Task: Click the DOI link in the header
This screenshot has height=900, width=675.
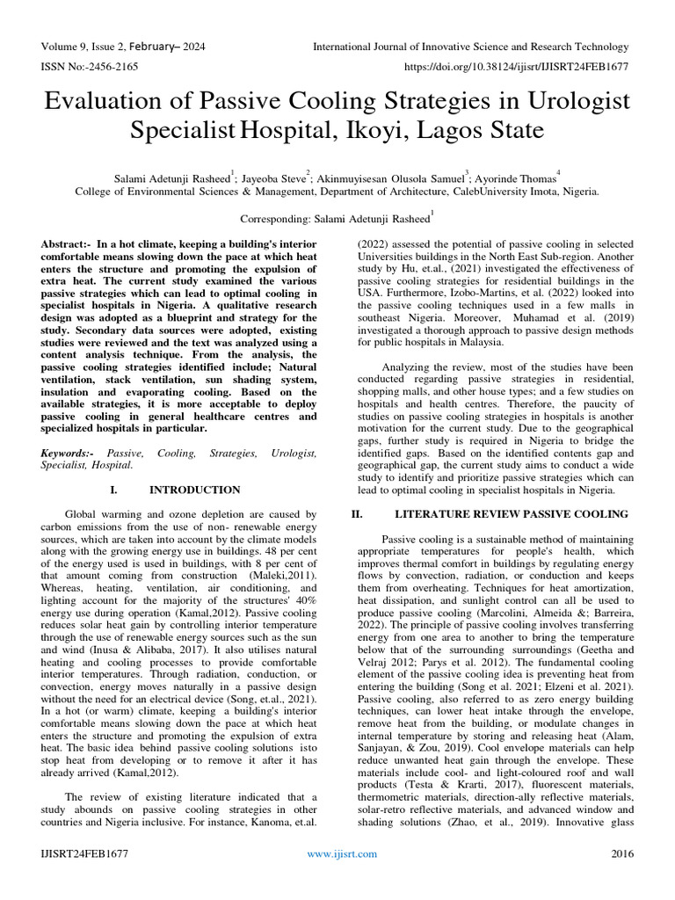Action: point(516,66)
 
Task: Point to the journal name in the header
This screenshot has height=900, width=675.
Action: point(473,47)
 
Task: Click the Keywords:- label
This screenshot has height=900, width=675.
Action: point(69,453)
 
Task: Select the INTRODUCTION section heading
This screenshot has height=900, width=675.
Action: point(195,490)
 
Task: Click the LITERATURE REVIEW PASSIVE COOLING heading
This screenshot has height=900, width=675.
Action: point(512,514)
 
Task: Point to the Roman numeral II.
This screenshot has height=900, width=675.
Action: point(357,514)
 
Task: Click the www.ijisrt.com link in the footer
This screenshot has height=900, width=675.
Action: point(341,853)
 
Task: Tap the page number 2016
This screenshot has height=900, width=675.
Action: point(621,853)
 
